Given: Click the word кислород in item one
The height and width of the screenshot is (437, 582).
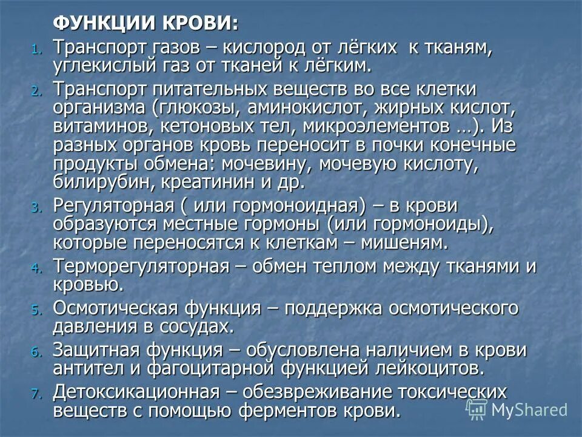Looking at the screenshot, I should pyautogui.click(x=269, y=46).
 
